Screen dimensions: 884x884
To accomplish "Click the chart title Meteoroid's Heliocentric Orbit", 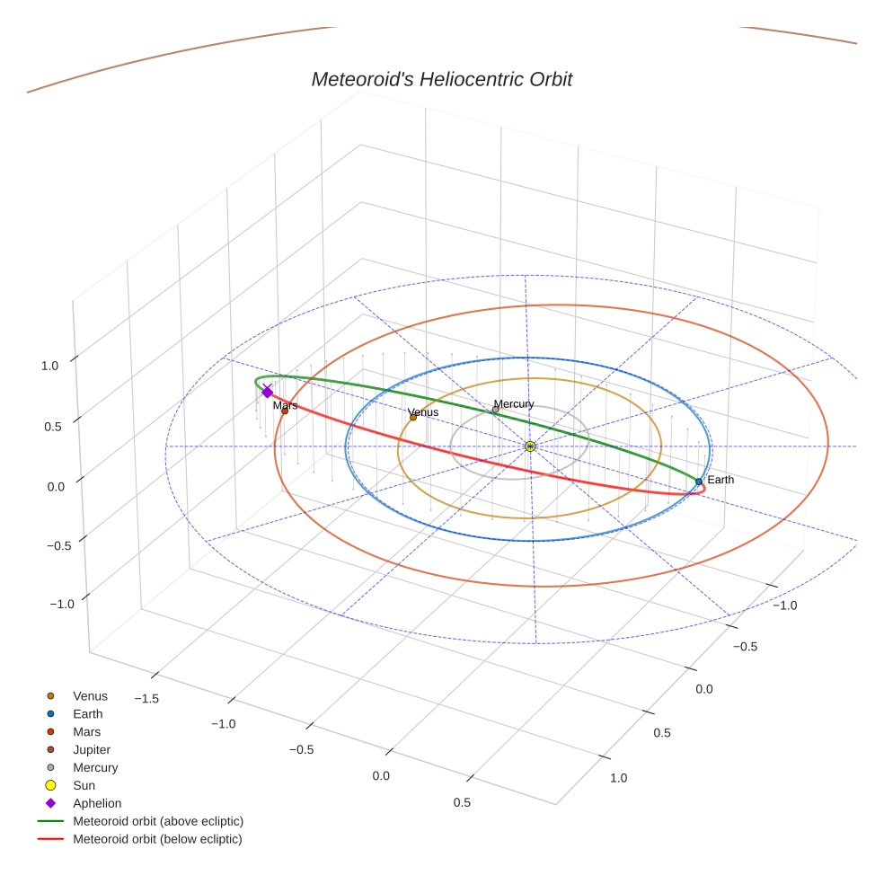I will click(441, 79).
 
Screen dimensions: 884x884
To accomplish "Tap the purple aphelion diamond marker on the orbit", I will click(267, 392).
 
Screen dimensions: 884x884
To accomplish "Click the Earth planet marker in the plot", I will click(699, 482).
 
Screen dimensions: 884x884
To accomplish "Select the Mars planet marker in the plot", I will click(285, 411).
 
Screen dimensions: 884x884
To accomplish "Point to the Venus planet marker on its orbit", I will click(413, 417).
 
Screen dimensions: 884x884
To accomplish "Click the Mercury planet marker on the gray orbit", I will click(495, 410).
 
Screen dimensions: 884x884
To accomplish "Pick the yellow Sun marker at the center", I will click(530, 446).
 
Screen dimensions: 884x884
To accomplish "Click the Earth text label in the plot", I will click(720, 480).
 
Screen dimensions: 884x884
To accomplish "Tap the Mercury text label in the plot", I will click(514, 403).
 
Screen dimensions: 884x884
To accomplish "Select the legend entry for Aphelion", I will click(97, 803).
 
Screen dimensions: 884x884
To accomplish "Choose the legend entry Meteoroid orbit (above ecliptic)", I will click(158, 821).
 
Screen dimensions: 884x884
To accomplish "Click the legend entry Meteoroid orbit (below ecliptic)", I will click(157, 839).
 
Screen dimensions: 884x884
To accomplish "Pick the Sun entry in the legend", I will click(84, 785).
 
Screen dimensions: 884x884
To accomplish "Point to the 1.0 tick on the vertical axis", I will click(50, 366).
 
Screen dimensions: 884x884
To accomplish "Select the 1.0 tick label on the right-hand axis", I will click(618, 777).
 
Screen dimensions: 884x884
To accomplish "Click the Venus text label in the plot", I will click(423, 412).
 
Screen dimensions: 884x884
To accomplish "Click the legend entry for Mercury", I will click(95, 767).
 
